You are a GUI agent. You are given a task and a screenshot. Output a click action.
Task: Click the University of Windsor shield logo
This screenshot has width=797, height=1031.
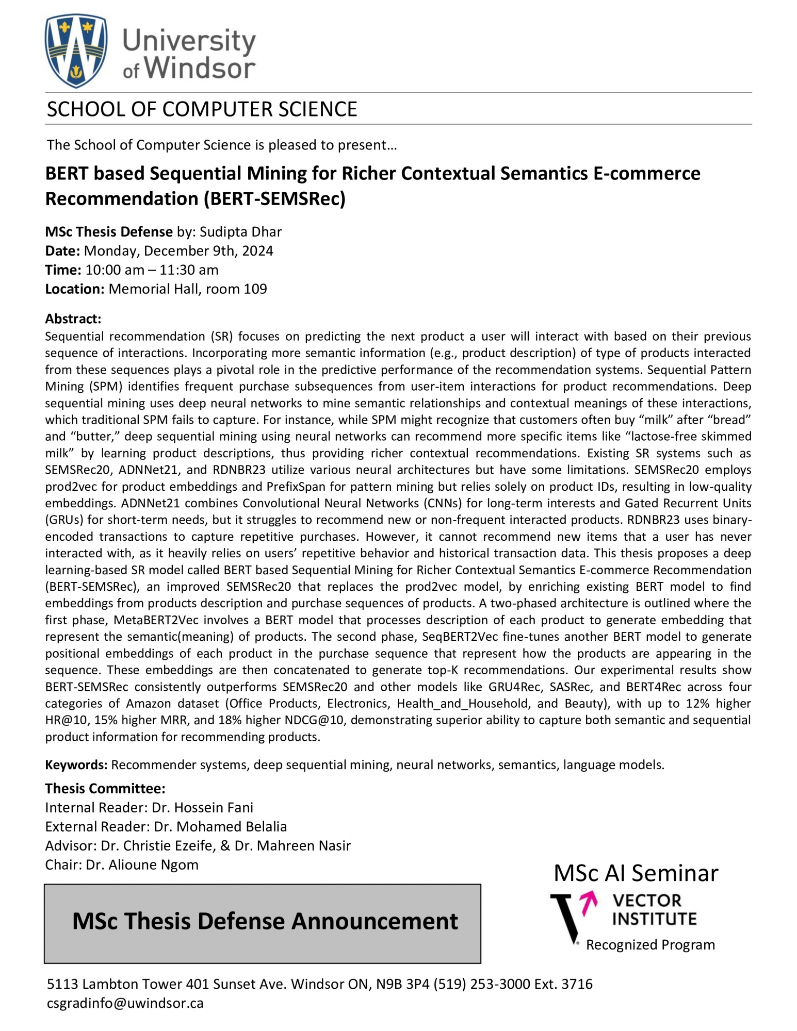[x=76, y=51]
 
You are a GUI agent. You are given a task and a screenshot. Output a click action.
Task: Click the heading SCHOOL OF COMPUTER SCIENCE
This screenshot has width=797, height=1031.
[x=202, y=109]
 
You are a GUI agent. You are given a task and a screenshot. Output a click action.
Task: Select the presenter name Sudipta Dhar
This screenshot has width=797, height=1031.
[x=240, y=232]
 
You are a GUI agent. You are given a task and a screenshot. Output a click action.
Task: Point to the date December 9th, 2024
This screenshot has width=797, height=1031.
[x=208, y=251]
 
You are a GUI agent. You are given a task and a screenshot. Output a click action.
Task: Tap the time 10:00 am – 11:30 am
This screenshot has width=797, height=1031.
[x=152, y=270]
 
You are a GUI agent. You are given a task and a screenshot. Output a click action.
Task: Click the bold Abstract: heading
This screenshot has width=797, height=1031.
[x=73, y=319]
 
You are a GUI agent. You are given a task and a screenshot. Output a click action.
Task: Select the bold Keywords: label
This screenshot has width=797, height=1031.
[x=76, y=765]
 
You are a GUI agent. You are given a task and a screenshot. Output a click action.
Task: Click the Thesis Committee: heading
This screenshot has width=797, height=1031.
[x=105, y=789]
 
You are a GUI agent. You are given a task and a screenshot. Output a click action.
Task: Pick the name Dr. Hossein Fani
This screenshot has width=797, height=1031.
[x=202, y=808]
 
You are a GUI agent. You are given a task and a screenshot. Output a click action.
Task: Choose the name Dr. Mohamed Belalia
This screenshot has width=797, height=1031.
[x=220, y=827]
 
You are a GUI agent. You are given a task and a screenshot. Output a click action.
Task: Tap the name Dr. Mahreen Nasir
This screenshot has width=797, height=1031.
[x=292, y=846]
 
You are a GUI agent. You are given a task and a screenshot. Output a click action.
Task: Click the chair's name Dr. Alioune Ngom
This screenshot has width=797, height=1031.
[x=142, y=865]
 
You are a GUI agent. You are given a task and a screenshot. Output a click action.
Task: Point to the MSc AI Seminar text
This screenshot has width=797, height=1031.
[x=635, y=873]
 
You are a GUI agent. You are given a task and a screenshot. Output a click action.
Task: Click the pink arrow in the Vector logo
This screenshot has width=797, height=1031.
[x=589, y=903]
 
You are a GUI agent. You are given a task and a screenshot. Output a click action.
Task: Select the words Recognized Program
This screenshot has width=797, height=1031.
[x=650, y=945]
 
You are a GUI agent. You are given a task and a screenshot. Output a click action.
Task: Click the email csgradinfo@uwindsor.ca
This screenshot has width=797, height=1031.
[x=125, y=1003]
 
